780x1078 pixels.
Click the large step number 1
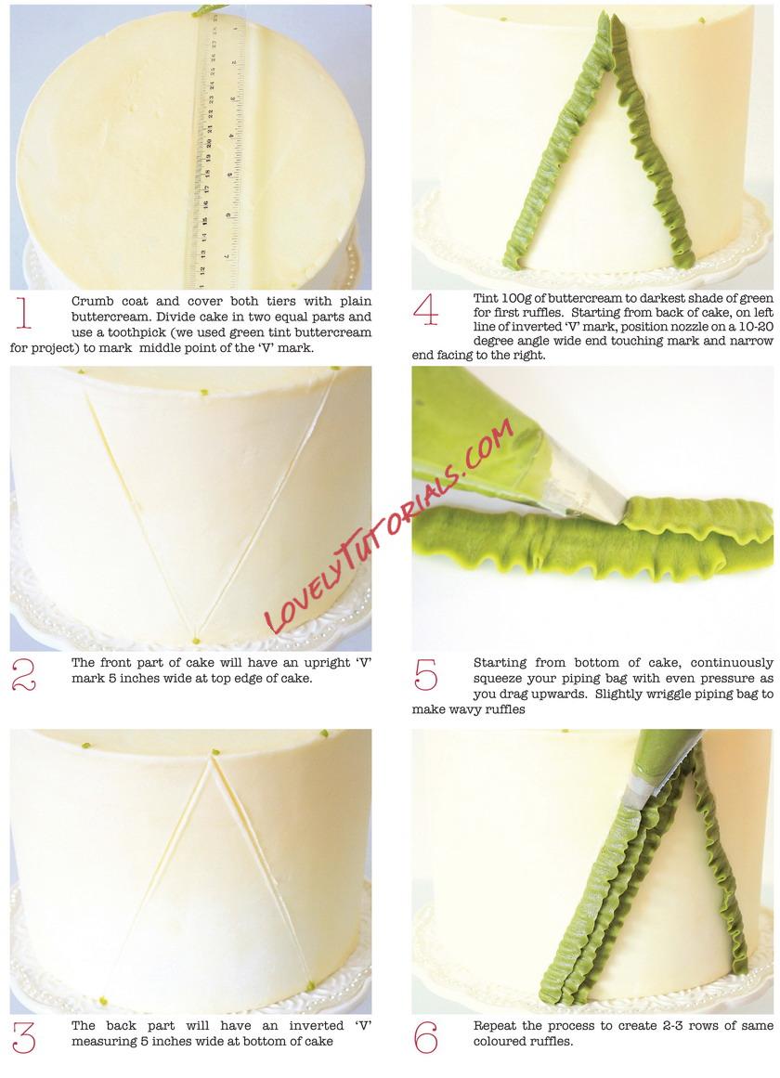click(x=23, y=314)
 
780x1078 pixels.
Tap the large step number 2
click(x=23, y=675)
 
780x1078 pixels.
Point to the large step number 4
click(x=425, y=309)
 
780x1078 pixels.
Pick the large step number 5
click(x=425, y=674)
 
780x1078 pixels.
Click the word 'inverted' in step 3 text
click(x=316, y=1026)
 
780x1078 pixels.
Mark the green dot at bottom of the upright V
click(x=196, y=642)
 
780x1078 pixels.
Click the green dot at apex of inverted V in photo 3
click(x=215, y=753)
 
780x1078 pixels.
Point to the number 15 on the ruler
click(x=204, y=221)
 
